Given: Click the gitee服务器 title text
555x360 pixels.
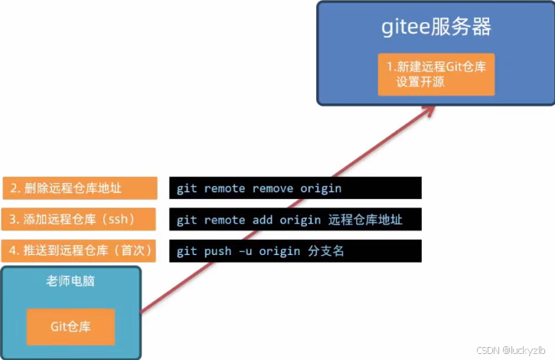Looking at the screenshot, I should pyautogui.click(x=436, y=28).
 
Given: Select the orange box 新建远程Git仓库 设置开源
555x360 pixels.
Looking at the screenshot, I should pyautogui.click(x=436, y=74).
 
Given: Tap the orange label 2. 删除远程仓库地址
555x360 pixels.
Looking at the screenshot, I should pyautogui.click(x=79, y=188).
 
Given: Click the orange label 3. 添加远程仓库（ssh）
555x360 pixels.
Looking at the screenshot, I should pyautogui.click(x=79, y=219).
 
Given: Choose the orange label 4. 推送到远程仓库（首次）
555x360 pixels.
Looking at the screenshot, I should pyautogui.click(x=79, y=250).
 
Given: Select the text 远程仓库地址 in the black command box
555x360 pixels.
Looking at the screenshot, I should pyautogui.click(x=364, y=220).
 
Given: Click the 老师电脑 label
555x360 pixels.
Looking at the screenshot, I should pyautogui.click(x=70, y=282).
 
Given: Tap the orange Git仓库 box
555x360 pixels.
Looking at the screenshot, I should pyautogui.click(x=70, y=326).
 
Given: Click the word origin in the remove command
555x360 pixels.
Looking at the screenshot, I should pyautogui.click(x=321, y=188).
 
